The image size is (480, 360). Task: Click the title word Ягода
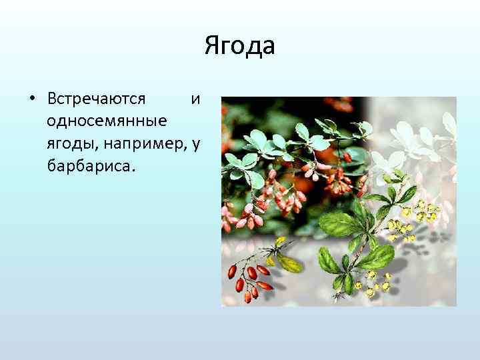point(239,47)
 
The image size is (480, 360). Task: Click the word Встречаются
point(96,99)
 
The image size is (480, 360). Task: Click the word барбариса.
point(91,165)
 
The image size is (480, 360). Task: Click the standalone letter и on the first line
point(195,99)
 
